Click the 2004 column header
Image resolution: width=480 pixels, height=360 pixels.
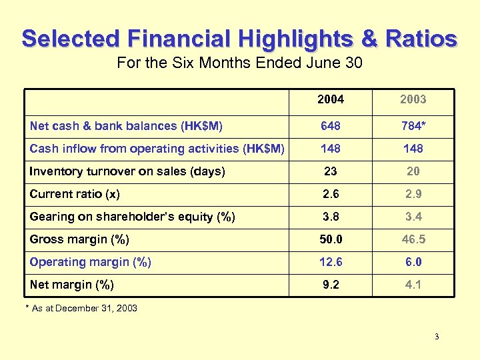pos(331,99)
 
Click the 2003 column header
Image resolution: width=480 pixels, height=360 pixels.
pos(413,99)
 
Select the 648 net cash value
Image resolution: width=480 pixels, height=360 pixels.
pos(331,126)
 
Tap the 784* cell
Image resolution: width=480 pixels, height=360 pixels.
pos(413,126)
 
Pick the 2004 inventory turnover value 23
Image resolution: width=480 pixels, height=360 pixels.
pos(331,171)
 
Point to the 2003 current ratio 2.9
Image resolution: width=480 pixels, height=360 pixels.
pos(413,194)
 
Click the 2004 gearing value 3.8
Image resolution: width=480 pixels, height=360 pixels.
pos(331,217)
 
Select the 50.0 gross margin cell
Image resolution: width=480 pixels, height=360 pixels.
pos(331,239)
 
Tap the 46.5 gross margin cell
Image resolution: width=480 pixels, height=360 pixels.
pos(413,239)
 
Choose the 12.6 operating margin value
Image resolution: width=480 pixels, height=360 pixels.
pos(331,262)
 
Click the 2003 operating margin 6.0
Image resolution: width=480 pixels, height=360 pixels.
pos(413,262)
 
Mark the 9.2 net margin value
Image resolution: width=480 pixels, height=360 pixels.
pos(331,285)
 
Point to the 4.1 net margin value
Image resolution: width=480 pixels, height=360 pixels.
pos(413,285)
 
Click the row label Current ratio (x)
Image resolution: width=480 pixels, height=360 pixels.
pos(79,194)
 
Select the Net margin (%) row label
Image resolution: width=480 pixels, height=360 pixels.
pos(72,285)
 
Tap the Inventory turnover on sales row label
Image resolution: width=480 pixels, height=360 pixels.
pos(127,171)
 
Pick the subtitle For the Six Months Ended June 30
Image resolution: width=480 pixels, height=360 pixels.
pos(239,64)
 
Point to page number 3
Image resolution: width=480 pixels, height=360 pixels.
pos(437,337)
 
